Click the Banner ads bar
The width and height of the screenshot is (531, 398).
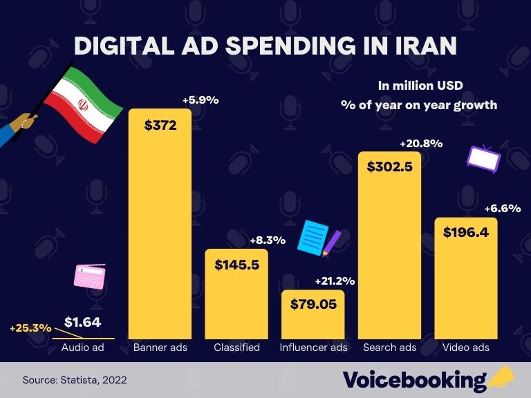(x=160, y=228)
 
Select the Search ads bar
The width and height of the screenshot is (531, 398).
(x=389, y=249)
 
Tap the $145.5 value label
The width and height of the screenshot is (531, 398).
(x=236, y=265)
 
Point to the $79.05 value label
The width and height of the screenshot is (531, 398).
(x=313, y=304)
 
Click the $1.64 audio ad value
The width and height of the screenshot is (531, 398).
(x=82, y=321)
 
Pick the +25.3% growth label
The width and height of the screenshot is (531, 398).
(x=30, y=328)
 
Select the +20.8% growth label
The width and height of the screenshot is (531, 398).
(x=421, y=144)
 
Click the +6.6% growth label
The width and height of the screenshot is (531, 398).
(x=502, y=208)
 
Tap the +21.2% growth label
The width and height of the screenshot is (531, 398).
(x=335, y=281)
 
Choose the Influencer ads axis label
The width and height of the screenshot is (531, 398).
(x=313, y=347)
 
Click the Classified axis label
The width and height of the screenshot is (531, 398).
(x=236, y=347)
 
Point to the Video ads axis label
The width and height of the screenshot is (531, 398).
(x=465, y=347)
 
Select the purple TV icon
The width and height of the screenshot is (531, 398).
(x=483, y=158)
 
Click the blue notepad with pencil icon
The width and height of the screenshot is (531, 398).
(x=317, y=238)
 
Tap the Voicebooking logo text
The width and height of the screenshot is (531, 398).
(x=415, y=380)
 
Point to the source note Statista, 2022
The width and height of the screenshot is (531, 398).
(x=75, y=380)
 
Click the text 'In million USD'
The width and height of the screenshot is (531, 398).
(x=420, y=86)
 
